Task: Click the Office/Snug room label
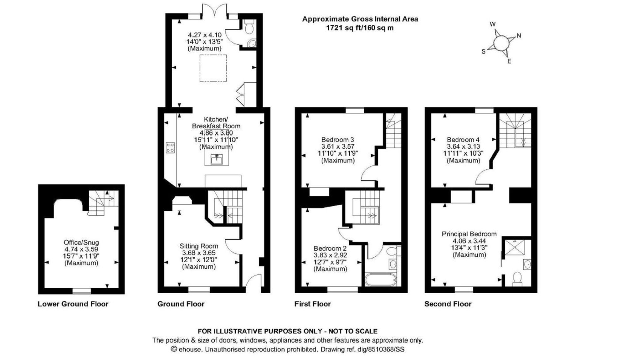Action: (x=81, y=242)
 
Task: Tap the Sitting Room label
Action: (x=199, y=246)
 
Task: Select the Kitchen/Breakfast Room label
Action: (x=216, y=123)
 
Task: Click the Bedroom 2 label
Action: (x=330, y=249)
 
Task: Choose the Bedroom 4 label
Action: (x=463, y=140)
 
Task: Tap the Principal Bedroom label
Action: (x=469, y=234)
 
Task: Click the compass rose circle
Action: (x=501, y=43)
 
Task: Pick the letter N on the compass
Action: (x=519, y=36)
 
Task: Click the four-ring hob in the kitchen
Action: (x=170, y=147)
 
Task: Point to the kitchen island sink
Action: (x=217, y=159)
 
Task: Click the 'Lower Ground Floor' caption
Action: (x=73, y=304)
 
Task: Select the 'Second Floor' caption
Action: (x=448, y=304)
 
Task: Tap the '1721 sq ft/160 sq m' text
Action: (x=360, y=28)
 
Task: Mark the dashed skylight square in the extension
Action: (x=213, y=68)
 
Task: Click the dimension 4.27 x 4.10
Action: (x=205, y=35)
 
